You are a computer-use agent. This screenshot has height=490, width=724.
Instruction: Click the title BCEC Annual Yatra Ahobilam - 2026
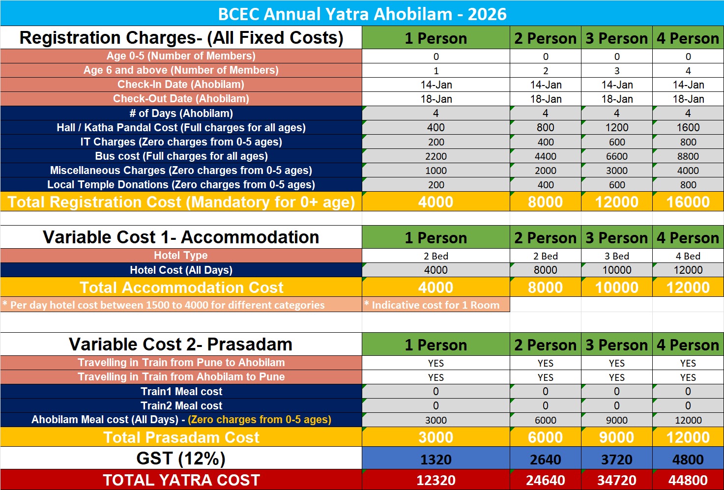[x=362, y=14]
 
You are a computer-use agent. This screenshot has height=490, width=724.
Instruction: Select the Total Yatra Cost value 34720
[x=616, y=480]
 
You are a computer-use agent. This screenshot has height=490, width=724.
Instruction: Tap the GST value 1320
[x=435, y=460]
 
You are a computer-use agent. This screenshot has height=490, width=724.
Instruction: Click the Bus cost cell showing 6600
[x=616, y=156]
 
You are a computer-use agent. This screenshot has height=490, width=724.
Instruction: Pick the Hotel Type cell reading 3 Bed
[x=616, y=256]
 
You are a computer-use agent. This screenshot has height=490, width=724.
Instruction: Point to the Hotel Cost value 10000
[x=616, y=270]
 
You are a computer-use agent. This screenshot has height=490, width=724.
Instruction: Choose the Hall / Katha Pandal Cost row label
[x=181, y=128]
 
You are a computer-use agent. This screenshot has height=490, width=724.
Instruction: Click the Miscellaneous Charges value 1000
[x=435, y=171]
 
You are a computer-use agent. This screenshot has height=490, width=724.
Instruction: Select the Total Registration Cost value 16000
[x=688, y=202]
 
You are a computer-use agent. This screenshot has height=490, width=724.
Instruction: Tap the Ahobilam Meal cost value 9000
[x=616, y=420]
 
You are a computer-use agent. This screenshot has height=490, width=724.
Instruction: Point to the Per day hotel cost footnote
[x=164, y=305]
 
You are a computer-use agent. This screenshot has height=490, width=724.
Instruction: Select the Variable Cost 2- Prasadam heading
[x=180, y=345]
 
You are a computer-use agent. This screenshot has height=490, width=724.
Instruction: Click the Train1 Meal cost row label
[x=181, y=392]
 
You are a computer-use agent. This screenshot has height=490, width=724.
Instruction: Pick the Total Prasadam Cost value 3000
[x=435, y=437]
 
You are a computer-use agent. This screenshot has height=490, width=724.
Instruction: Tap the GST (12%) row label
[x=181, y=459]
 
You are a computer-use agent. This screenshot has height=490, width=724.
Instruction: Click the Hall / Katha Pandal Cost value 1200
[x=616, y=128]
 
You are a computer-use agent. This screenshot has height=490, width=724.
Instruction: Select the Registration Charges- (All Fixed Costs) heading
[x=181, y=38]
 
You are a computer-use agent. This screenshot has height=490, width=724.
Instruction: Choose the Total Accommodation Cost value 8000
[x=545, y=288]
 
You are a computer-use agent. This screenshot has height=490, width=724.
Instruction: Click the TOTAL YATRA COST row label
[x=181, y=480]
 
